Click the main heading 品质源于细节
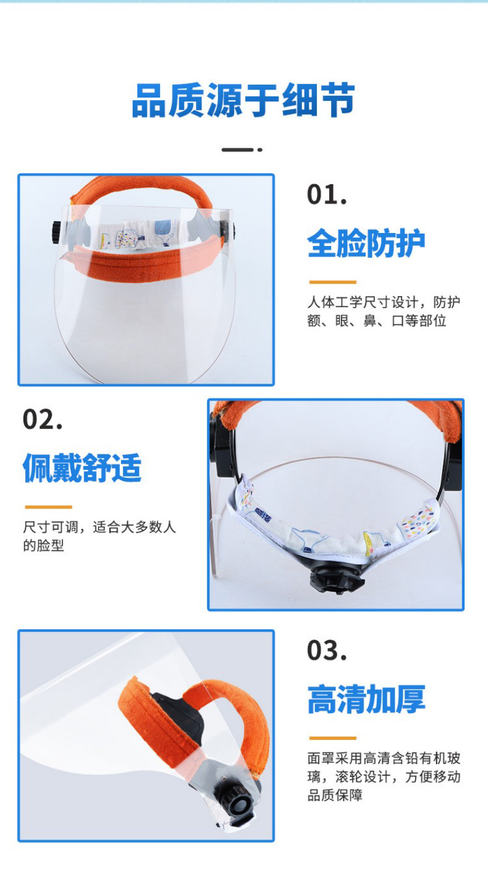point(243,101)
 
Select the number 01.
point(327,195)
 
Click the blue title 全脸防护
point(366,243)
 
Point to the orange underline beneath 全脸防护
point(332,282)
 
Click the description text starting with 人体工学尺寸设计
point(384,312)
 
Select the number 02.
point(43,419)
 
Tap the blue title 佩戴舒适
point(82,468)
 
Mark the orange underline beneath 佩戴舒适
point(48,507)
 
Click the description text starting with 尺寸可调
point(99,536)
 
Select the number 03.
point(327,650)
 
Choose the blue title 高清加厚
point(366,699)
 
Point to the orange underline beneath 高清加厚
point(332,738)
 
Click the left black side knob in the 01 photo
point(55,232)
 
